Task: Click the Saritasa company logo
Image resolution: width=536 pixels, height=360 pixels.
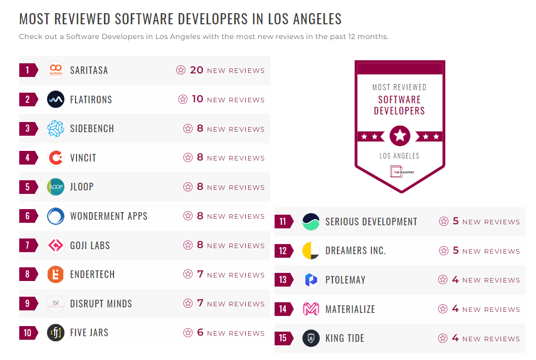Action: [56, 70]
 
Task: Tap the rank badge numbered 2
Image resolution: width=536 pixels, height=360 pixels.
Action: [28, 100]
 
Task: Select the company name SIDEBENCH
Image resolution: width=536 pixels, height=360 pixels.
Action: [92, 129]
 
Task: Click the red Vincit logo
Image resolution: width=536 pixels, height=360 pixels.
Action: [56, 158]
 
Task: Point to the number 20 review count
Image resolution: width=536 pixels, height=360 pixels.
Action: [197, 70]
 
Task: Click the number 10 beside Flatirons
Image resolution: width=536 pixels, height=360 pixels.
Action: [197, 99]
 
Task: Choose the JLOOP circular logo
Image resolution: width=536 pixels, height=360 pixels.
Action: [56, 187]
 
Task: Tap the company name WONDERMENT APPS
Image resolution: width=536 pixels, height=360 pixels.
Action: [108, 216]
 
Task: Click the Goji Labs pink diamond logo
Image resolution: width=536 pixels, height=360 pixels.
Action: [56, 246]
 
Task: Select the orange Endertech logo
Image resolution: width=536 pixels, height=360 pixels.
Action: [56, 274]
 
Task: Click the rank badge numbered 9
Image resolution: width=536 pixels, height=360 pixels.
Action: [28, 304]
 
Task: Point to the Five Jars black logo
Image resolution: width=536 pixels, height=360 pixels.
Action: [56, 333]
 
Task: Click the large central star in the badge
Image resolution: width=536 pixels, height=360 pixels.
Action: [400, 136]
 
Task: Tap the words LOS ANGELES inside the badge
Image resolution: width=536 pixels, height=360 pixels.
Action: [399, 156]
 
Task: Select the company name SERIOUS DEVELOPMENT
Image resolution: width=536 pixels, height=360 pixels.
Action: [371, 222]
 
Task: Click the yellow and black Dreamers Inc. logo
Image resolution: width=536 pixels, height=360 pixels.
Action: [311, 251]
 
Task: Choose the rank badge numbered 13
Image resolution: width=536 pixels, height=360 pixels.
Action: [283, 280]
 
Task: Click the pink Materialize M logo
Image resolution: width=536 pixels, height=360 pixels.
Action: [311, 309]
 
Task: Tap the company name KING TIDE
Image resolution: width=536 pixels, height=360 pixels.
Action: [344, 338]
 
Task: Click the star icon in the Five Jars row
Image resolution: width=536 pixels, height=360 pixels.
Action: [188, 333]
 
